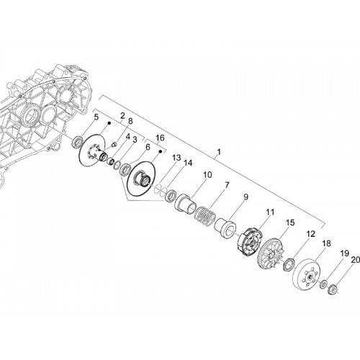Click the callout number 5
[96, 117]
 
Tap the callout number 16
[160, 138]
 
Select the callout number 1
[219, 152]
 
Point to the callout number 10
[207, 175]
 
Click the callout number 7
[227, 185]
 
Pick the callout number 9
[246, 197]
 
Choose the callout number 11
[270, 212]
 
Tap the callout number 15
[290, 222]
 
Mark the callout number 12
[310, 234]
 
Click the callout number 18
[326, 243]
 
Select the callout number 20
[356, 260]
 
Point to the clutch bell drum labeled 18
[307, 275]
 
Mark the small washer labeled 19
[324, 284]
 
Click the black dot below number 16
[161, 151]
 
